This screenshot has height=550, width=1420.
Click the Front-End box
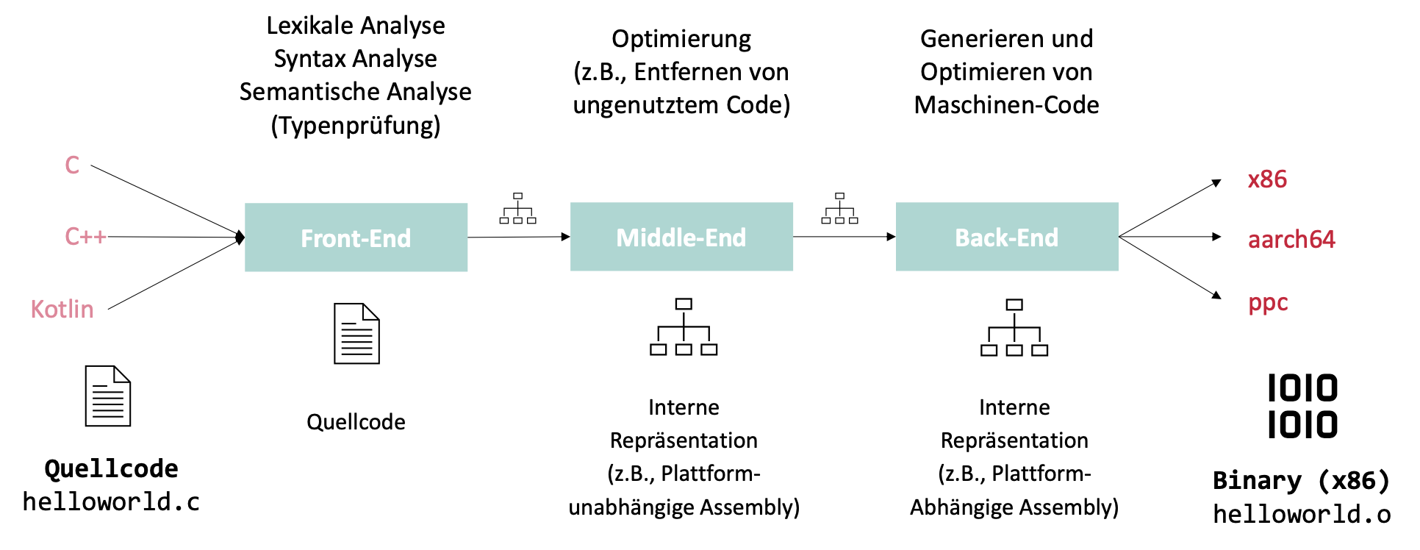point(356,238)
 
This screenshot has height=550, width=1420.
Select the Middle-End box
point(681,237)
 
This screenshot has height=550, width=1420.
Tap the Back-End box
point(1006,237)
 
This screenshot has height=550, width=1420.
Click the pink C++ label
point(85,236)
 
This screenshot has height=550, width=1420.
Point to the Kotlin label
point(62,309)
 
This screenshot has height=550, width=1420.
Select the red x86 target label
point(1267,179)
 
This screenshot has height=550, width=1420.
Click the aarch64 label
point(1291,240)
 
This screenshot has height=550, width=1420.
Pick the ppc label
point(1268,303)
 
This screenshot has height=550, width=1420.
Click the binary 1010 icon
point(1302,406)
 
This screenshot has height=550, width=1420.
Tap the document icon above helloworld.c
point(108,396)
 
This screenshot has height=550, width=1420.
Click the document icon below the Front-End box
point(356,334)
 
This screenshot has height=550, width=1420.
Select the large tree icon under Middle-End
point(684,327)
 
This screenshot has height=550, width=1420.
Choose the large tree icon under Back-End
point(1014,328)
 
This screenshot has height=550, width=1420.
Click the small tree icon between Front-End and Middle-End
point(517,209)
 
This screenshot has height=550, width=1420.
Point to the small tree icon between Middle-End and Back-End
point(839,209)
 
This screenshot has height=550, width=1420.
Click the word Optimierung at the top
point(681,39)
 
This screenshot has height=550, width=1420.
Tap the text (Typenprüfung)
point(356,126)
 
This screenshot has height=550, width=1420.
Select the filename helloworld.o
point(1302,515)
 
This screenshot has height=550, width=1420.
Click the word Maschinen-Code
point(1006,105)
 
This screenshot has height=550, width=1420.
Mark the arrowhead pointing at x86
point(1216,182)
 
